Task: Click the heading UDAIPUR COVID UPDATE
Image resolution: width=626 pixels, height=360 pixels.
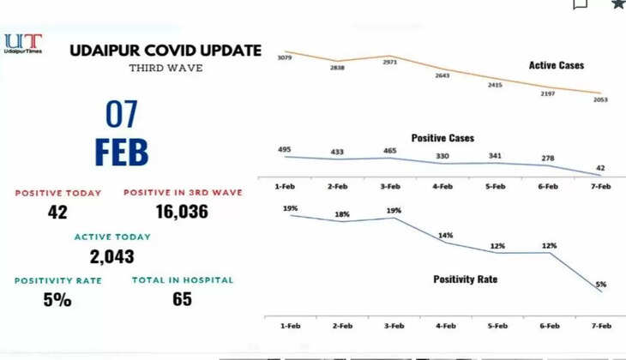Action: click(x=166, y=51)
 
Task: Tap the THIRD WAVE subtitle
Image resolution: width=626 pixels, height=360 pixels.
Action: click(x=166, y=67)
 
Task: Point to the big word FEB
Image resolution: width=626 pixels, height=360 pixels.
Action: click(x=121, y=152)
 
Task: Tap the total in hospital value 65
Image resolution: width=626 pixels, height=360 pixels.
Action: click(x=181, y=299)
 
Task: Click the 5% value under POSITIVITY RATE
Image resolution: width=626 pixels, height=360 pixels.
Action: click(x=57, y=300)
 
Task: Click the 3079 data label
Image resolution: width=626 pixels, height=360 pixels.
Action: click(x=286, y=57)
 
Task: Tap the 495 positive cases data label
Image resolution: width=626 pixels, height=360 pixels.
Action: click(x=285, y=149)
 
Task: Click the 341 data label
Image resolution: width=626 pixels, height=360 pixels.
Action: click(x=497, y=155)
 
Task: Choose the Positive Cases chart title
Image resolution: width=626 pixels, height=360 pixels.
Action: click(x=442, y=138)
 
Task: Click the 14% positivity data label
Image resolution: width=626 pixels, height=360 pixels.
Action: click(x=446, y=234)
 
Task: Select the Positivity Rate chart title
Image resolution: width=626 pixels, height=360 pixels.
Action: click(x=464, y=279)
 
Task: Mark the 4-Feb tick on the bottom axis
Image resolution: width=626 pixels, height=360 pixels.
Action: click(x=444, y=327)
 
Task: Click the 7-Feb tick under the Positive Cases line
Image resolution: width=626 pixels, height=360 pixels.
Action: click(x=600, y=185)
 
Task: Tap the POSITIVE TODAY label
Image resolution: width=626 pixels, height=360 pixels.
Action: click(x=57, y=193)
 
